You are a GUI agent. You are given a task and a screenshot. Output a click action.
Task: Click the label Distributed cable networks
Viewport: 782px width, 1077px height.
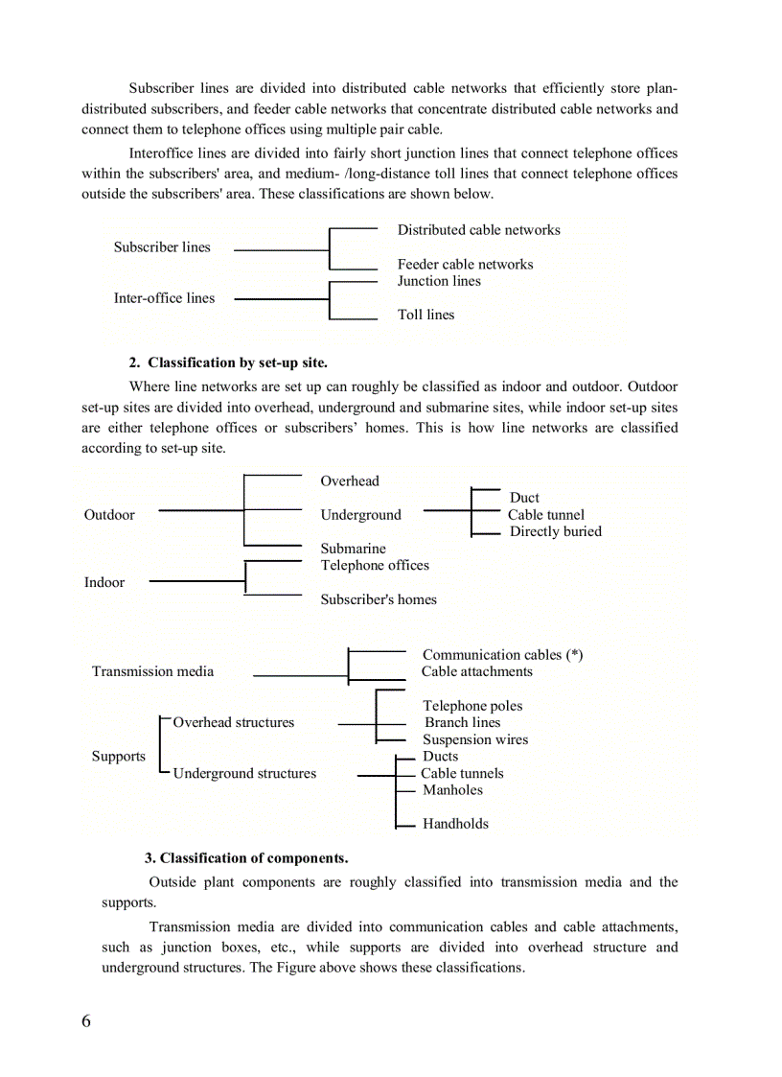click(x=478, y=230)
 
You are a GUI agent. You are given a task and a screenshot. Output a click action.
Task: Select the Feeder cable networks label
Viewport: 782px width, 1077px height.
click(x=465, y=265)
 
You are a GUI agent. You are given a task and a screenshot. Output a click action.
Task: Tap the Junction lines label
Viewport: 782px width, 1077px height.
click(x=439, y=281)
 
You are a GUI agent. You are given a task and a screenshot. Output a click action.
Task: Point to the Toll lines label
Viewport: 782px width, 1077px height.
click(x=425, y=315)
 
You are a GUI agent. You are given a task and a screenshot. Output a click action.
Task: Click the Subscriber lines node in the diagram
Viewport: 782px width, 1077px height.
click(x=162, y=247)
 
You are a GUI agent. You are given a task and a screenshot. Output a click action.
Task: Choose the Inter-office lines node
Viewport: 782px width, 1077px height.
click(x=164, y=298)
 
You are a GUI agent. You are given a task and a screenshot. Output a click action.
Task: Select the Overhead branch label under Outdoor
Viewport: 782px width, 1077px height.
click(x=350, y=481)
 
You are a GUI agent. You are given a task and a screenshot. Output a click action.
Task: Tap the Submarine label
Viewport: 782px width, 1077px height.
click(x=353, y=549)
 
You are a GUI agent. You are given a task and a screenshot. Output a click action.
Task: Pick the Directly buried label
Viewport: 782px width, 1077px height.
click(x=555, y=531)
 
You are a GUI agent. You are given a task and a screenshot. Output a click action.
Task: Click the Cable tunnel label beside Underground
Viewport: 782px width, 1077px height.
click(x=545, y=515)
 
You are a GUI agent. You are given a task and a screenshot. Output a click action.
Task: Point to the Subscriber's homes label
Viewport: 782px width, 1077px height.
click(x=379, y=599)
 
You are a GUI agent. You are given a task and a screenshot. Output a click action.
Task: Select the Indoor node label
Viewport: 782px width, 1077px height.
click(x=104, y=582)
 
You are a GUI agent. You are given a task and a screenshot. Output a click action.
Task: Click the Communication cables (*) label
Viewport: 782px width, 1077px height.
click(x=502, y=655)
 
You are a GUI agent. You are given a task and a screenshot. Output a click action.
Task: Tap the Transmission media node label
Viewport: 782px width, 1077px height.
click(x=152, y=671)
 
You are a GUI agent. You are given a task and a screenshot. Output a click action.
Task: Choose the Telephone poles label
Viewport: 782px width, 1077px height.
click(x=472, y=706)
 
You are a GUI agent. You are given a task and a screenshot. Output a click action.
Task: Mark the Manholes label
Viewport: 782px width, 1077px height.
click(x=452, y=790)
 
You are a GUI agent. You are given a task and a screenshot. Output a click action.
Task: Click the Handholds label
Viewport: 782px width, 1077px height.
click(x=455, y=824)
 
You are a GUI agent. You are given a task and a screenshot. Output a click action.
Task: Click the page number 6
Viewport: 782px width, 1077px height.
click(x=86, y=1021)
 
